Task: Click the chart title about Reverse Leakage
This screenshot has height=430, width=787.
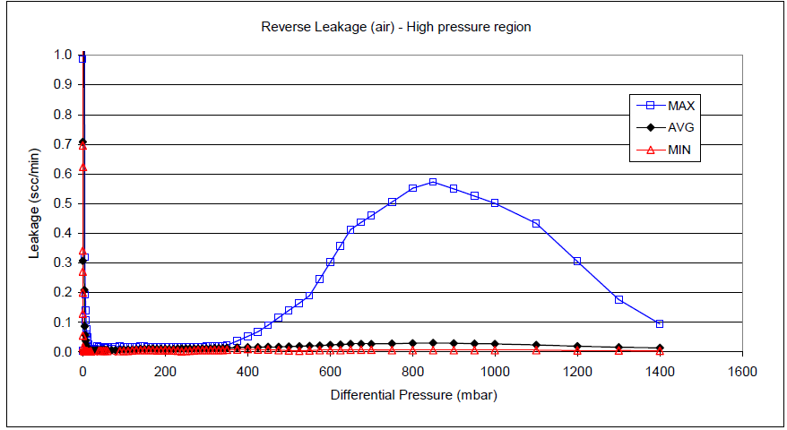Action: [396, 27]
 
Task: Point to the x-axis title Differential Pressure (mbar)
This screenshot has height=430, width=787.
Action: [413, 394]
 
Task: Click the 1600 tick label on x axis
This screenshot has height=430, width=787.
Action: [741, 371]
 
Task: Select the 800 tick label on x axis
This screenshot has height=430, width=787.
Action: [412, 371]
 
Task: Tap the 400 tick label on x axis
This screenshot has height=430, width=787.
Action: [247, 371]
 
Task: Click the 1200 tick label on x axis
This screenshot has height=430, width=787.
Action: [577, 371]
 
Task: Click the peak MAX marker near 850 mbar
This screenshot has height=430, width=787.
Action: [433, 182]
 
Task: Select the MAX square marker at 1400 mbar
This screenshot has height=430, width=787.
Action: [660, 323]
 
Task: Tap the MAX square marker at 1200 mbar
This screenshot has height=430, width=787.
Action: [577, 261]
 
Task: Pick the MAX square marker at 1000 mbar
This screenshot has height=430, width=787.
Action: [495, 202]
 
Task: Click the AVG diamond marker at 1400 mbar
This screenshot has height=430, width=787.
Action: [660, 348]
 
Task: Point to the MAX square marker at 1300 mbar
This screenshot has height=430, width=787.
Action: [618, 299]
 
